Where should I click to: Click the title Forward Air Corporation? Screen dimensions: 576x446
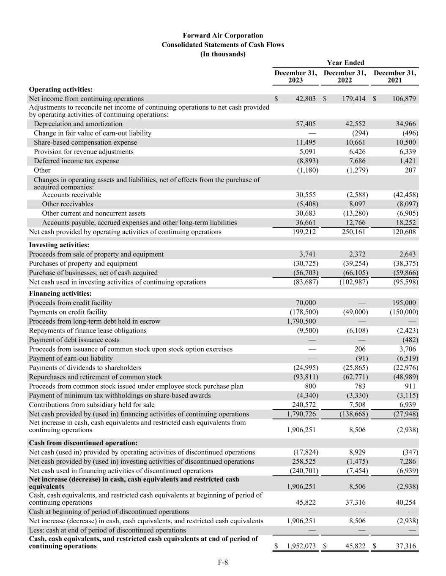[223, 35]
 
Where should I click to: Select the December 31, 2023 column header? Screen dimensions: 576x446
[296, 76]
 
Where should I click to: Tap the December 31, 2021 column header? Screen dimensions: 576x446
[395, 76]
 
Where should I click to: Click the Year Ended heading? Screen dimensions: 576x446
[345, 63]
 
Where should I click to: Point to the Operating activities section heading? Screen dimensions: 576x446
[60, 89]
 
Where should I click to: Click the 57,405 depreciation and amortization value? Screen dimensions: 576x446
[304, 124]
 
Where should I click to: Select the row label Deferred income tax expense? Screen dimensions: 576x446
[76, 161]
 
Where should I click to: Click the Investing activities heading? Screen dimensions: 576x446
[59, 245]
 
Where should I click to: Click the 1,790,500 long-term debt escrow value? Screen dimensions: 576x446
[301, 321]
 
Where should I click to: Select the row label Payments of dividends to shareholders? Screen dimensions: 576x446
[85, 368]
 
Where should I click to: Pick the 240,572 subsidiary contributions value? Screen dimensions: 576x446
[304, 405]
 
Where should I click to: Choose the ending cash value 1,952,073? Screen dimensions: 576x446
[301, 546]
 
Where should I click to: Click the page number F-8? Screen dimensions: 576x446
[223, 562]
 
